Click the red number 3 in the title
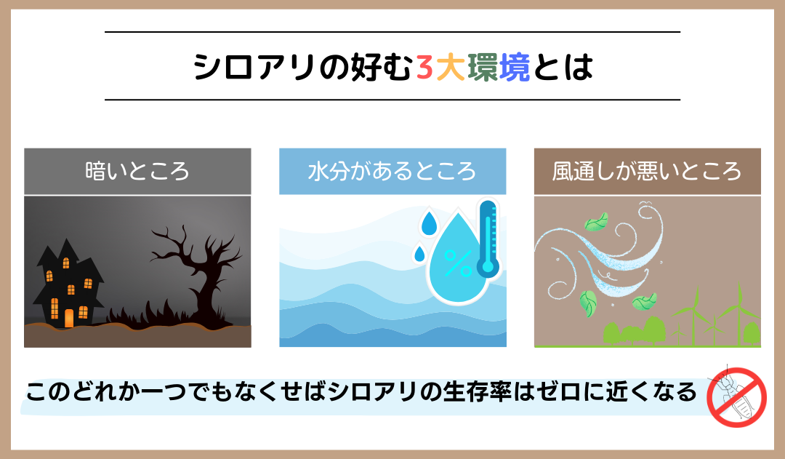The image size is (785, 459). click(x=424, y=67)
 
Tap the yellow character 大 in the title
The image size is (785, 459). click(x=451, y=67)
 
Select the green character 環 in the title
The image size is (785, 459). click(x=483, y=67)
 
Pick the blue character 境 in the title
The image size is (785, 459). click(x=515, y=67)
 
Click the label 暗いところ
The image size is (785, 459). click(x=137, y=172)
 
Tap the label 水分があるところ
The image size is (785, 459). click(x=392, y=172)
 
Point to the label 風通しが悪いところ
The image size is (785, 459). click(x=647, y=172)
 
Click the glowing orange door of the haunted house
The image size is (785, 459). click(x=69, y=318)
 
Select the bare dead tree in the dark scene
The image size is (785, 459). click(x=196, y=276)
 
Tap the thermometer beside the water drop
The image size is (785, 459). click(x=488, y=239)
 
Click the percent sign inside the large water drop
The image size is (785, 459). click(x=458, y=263)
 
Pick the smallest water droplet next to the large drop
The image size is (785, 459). click(x=419, y=254)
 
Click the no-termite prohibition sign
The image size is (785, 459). click(x=736, y=397)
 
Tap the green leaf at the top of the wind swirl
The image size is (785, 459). click(x=596, y=222)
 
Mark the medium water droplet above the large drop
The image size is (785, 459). click(x=429, y=223)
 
